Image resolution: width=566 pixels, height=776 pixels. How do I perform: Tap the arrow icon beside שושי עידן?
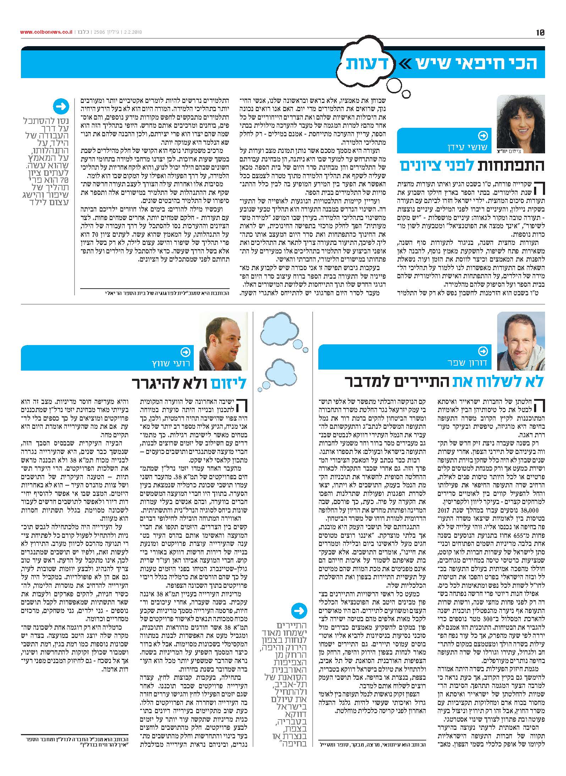[x=483, y=136]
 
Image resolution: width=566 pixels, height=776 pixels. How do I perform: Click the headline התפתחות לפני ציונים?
[x=472, y=166]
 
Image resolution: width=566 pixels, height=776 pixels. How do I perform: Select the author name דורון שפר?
[x=466, y=363]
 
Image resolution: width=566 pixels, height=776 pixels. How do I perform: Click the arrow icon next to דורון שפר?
[x=483, y=351]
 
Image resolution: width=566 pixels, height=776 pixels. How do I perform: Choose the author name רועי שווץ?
[x=168, y=363]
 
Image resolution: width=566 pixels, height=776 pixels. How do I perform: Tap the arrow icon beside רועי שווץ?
[x=185, y=351]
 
